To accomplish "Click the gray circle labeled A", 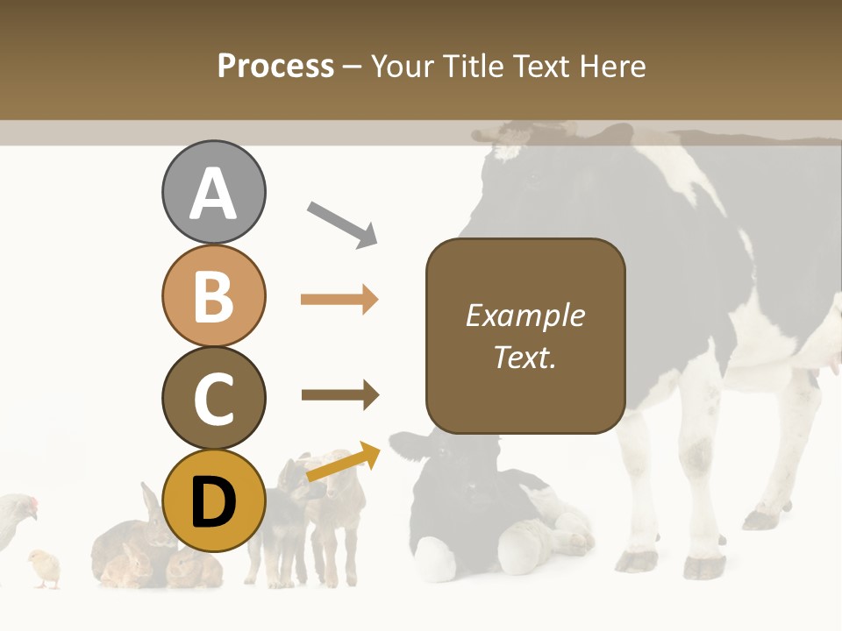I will (x=213, y=193).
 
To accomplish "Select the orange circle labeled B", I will (x=213, y=295).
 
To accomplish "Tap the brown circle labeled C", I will (x=213, y=398).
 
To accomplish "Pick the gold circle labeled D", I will (x=213, y=500).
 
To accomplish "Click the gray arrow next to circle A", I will (x=342, y=224).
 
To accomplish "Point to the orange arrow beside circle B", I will (x=339, y=300).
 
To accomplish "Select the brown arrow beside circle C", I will (x=339, y=394).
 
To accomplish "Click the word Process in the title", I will (x=275, y=66).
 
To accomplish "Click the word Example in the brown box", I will (x=524, y=315).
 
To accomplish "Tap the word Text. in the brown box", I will (x=524, y=357).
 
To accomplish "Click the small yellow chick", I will (x=44, y=568).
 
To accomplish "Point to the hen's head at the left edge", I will (x=25, y=507).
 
